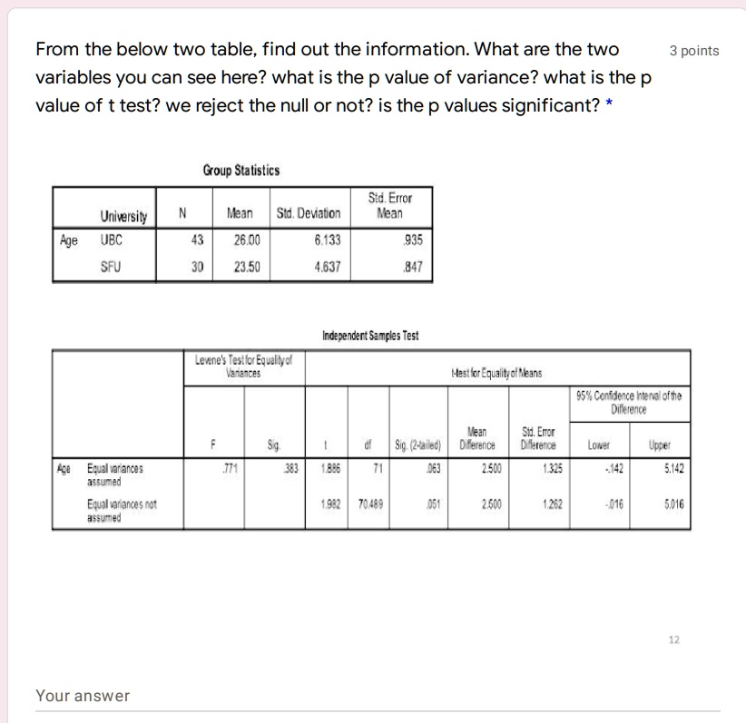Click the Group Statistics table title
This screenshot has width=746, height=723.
(x=240, y=171)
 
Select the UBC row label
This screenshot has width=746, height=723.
(x=113, y=242)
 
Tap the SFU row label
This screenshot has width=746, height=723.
(x=113, y=268)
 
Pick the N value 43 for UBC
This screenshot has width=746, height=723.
(x=195, y=242)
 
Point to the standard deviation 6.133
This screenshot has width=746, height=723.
(x=328, y=242)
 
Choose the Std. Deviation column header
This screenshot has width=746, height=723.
(x=309, y=214)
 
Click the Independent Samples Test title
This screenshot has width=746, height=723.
(x=369, y=337)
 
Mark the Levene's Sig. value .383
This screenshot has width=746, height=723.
(x=290, y=468)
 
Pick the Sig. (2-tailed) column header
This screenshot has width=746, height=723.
(x=417, y=445)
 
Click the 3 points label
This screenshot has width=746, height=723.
(x=693, y=51)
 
